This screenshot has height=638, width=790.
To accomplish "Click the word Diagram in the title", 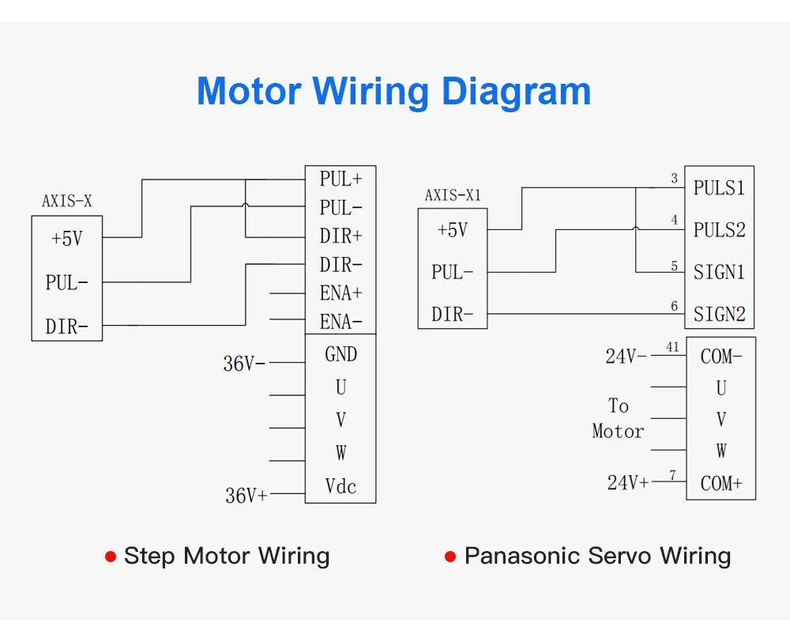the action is point(515,92).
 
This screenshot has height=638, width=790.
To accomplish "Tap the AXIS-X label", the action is point(67,202).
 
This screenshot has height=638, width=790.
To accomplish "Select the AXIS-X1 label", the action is point(453,195).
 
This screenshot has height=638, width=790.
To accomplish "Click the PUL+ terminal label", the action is point(341,179).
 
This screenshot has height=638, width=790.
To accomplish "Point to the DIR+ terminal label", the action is point(341,236).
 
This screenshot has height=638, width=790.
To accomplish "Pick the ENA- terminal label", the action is point(341,322).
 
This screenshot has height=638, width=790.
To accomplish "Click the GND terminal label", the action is point(341,354).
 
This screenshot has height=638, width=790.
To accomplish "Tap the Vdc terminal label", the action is point(341,486).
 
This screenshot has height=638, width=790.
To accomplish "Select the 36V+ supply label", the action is point(246,496).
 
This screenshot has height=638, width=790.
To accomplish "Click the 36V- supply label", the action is point(244,364).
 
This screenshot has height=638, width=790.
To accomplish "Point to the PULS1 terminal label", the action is point(719,188).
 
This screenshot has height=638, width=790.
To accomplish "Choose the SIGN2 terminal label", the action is point(719,315).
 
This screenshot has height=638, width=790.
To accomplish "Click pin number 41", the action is point(672,347).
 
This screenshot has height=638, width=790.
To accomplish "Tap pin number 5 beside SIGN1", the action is point(675,266).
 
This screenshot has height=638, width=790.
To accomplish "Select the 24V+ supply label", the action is point(628,483).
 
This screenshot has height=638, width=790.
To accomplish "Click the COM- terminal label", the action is point(721,357).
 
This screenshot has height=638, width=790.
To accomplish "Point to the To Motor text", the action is point(619,418).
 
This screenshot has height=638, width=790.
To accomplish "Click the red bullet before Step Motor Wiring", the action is point(111,557).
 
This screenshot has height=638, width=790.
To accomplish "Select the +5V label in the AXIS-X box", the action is point(67,238).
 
